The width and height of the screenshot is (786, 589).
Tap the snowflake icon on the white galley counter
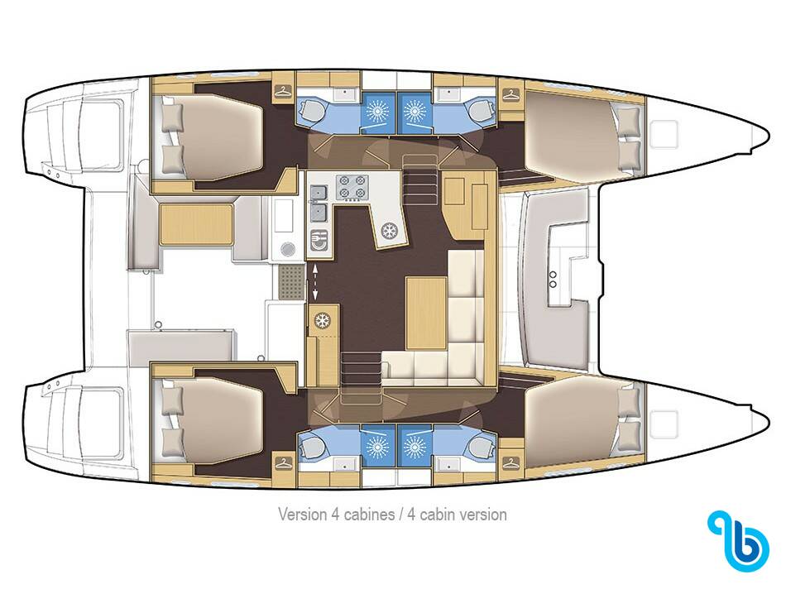[x=389, y=231]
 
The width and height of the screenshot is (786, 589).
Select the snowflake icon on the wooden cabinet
[x=323, y=321]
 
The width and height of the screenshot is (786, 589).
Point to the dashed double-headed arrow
[x=314, y=283]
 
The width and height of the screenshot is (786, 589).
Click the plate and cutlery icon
[x=319, y=240]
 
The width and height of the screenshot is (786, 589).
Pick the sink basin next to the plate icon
[x=319, y=212]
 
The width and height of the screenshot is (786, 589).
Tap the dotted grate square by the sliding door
[x=290, y=282]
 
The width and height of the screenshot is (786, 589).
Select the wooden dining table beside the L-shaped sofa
[x=426, y=313]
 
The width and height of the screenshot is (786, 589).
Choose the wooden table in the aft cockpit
[x=197, y=224]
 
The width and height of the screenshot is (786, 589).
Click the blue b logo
[x=738, y=541]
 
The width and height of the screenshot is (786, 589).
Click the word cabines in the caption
[x=368, y=515]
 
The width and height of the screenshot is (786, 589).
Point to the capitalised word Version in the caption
[x=301, y=515]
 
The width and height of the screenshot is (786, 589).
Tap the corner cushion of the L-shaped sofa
[x=466, y=368]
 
